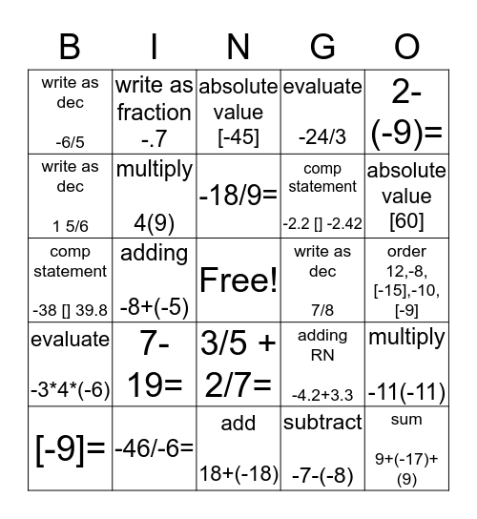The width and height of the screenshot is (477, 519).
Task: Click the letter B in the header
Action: (x=70, y=47)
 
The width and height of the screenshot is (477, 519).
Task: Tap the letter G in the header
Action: (x=322, y=47)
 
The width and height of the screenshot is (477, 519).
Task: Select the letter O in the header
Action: (x=406, y=47)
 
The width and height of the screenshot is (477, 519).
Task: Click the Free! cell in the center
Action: (x=238, y=280)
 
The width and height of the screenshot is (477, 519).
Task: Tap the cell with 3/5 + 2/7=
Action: (x=238, y=363)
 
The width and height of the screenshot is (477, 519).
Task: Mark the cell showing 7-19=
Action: (x=155, y=363)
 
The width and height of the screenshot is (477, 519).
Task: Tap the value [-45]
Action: (x=238, y=137)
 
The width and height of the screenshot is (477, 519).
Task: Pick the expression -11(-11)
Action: (x=406, y=388)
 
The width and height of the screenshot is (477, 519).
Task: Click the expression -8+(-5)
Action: (x=154, y=304)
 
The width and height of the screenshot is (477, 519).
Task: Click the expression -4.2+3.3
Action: (x=322, y=388)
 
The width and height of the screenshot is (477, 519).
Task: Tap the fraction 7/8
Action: (x=322, y=304)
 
